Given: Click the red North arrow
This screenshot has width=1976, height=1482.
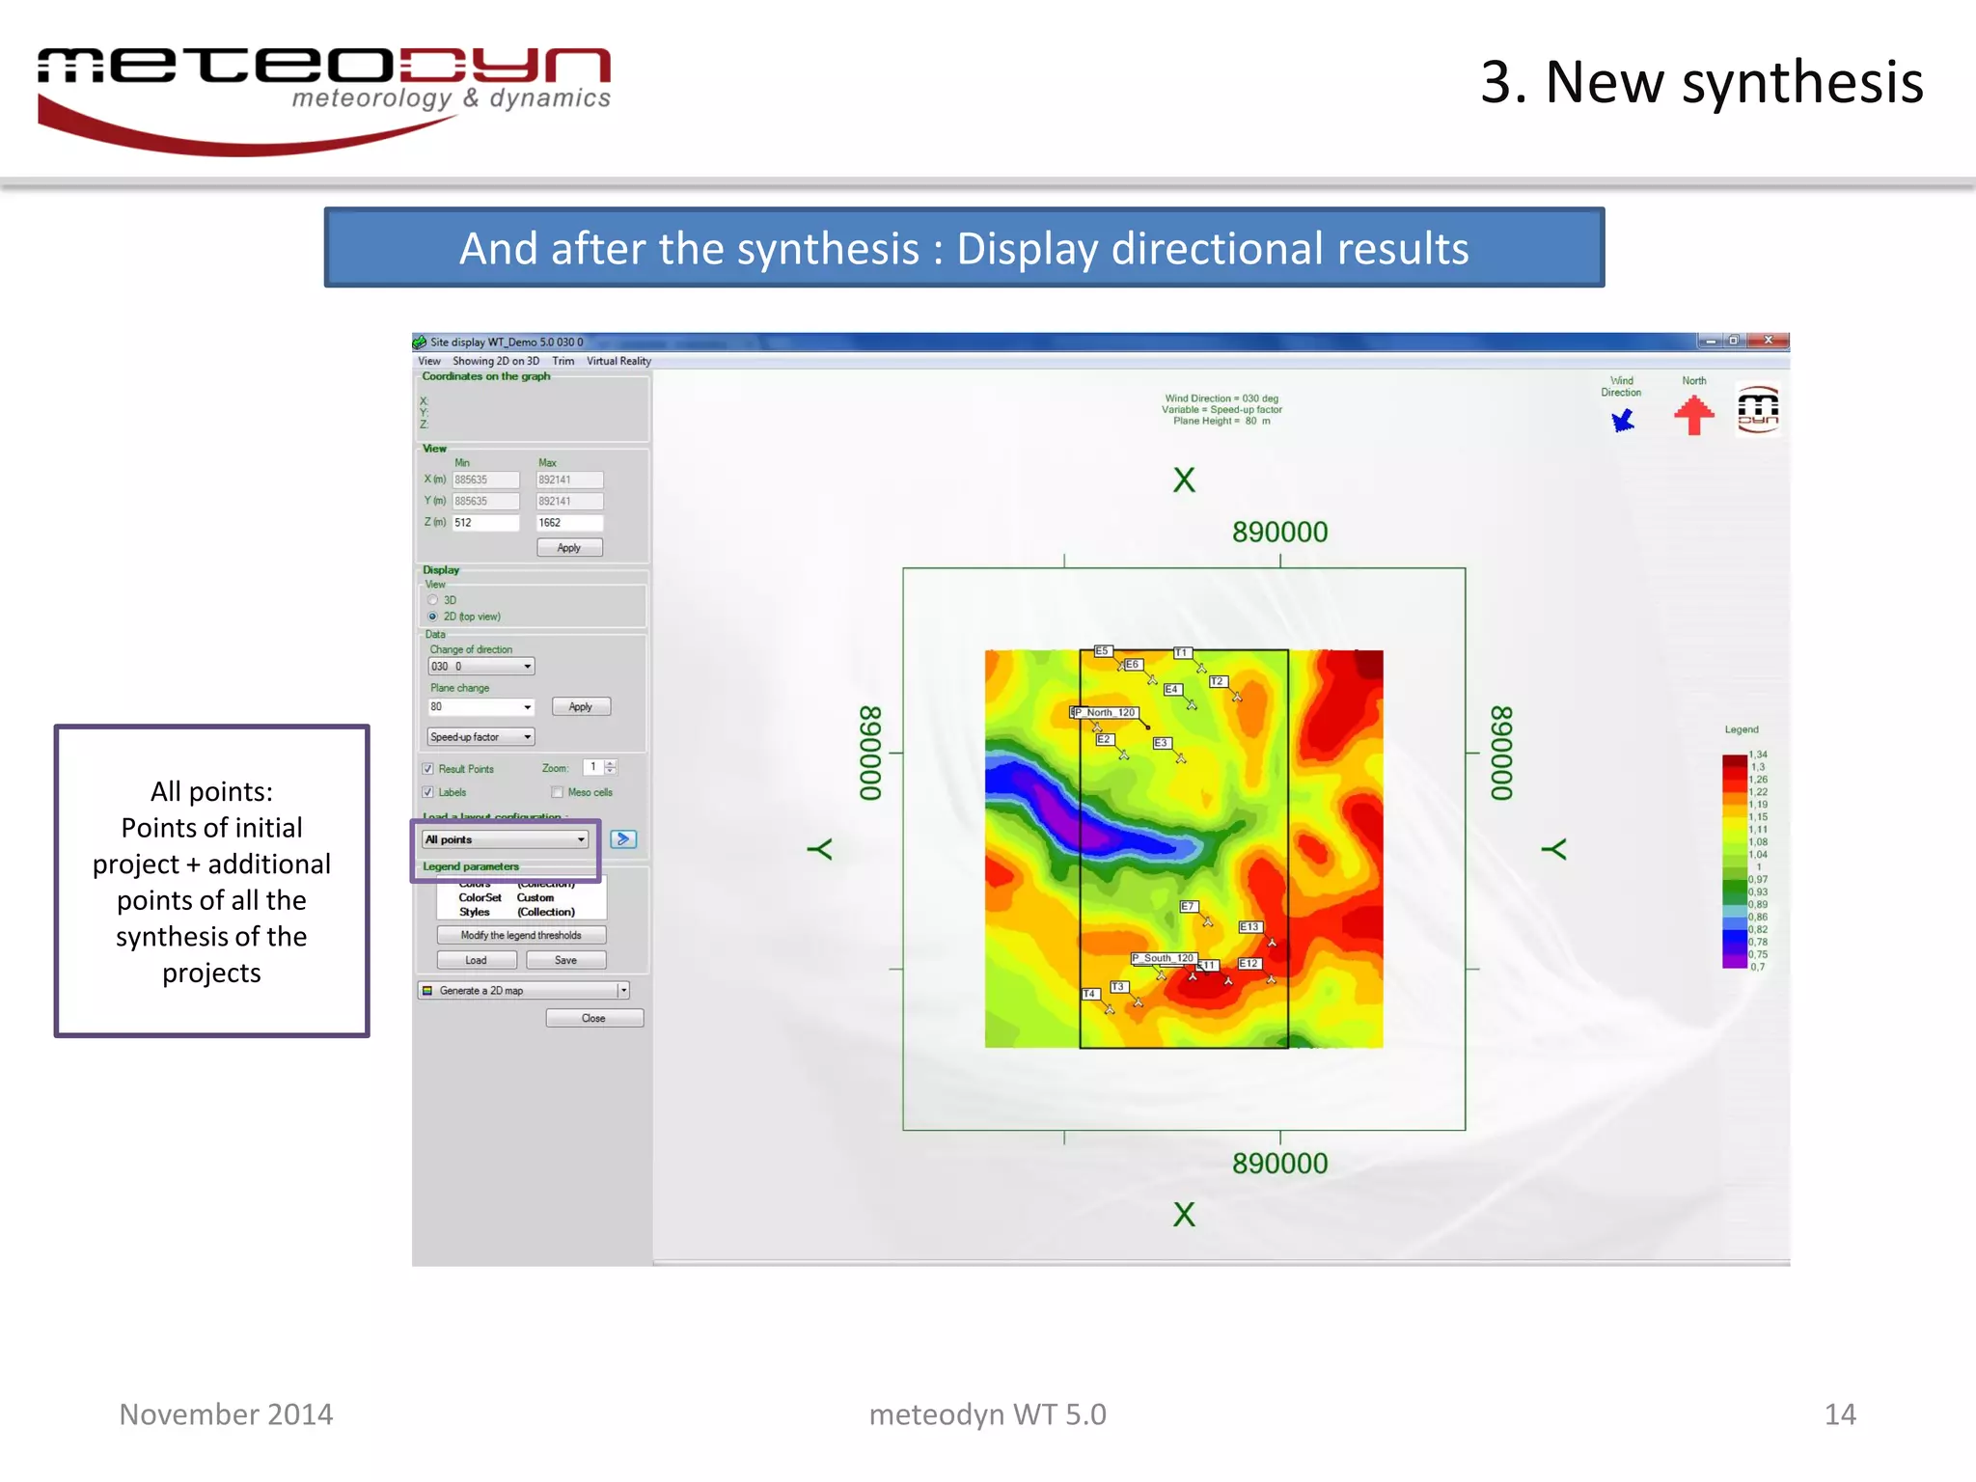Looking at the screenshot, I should point(1693,416).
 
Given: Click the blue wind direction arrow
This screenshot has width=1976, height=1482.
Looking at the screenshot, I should point(1623,421).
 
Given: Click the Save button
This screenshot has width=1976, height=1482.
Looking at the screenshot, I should point(566,960).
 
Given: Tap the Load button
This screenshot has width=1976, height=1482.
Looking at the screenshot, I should point(476,960).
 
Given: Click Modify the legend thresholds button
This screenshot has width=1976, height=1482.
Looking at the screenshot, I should point(521,935).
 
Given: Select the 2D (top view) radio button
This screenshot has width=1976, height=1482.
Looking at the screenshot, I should point(433,617).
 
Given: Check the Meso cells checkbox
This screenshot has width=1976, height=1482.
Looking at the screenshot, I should point(557,792).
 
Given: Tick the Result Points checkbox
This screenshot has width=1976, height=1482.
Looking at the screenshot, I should point(428,769).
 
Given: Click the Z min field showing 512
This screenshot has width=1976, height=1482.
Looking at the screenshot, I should point(485,523).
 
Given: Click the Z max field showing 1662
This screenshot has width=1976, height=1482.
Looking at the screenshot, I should point(569,523).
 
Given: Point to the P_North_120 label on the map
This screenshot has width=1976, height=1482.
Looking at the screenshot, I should point(1107,712).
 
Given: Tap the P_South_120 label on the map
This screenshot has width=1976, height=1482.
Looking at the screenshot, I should point(1164,958).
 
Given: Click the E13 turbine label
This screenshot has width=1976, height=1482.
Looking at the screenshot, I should point(1249,926).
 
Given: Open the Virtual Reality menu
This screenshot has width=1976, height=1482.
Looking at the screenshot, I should point(618,361).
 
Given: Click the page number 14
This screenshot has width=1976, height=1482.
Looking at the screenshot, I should point(1840,1414).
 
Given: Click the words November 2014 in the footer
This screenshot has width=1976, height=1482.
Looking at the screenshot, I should point(226,1414).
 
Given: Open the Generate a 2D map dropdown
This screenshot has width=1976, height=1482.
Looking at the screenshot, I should point(623,990).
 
